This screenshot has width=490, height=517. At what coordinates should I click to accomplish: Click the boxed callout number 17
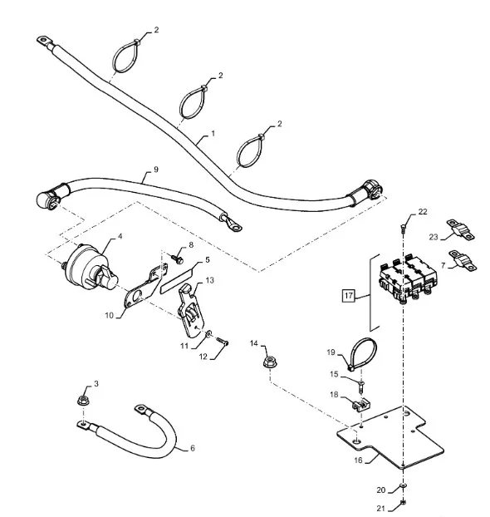click(348, 295)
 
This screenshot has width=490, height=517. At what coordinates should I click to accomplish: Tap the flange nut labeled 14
click(270, 362)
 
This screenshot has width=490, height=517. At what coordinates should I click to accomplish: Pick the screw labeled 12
click(223, 342)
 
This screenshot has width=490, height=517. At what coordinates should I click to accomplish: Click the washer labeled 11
click(209, 334)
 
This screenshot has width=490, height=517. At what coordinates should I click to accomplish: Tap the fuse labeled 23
click(460, 230)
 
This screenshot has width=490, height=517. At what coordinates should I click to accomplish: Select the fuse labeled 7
click(463, 260)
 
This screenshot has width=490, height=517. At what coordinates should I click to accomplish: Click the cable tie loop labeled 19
click(363, 352)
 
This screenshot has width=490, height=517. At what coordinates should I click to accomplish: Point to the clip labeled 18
click(360, 405)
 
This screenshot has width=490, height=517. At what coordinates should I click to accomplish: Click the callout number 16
click(358, 460)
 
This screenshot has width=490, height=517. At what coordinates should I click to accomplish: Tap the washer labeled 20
click(403, 485)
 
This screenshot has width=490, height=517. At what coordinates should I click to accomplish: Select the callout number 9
click(156, 170)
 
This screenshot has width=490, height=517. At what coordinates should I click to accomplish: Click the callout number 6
click(193, 448)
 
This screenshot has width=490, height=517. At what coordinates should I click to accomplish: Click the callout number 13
click(209, 280)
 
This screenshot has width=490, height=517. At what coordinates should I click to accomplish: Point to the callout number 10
click(109, 315)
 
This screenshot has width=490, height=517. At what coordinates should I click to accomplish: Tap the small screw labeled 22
click(403, 227)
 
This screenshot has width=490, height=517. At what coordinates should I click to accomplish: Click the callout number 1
click(213, 134)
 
